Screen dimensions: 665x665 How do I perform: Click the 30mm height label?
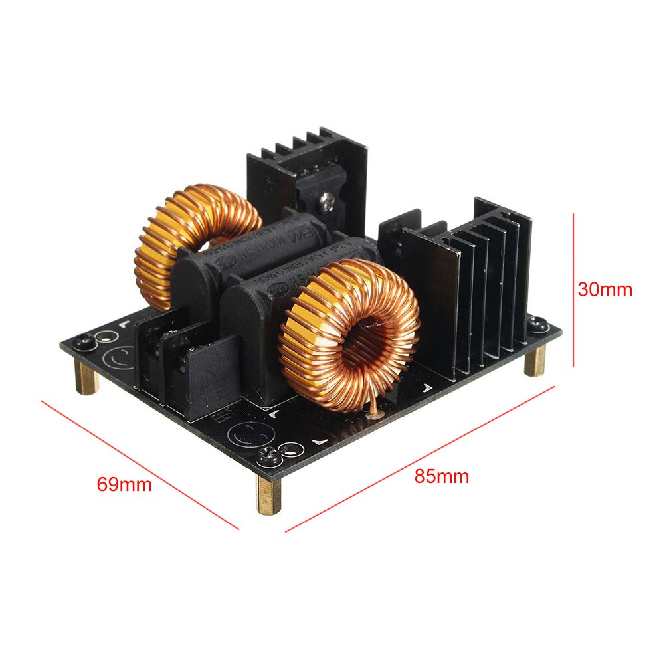(605, 290)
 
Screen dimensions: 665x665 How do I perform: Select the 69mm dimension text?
(124, 484)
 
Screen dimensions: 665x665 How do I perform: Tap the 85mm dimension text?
(442, 476)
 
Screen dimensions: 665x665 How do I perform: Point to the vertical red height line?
(573, 290)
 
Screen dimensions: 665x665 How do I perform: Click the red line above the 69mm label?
(140, 465)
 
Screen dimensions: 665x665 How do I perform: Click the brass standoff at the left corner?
(87, 379)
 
